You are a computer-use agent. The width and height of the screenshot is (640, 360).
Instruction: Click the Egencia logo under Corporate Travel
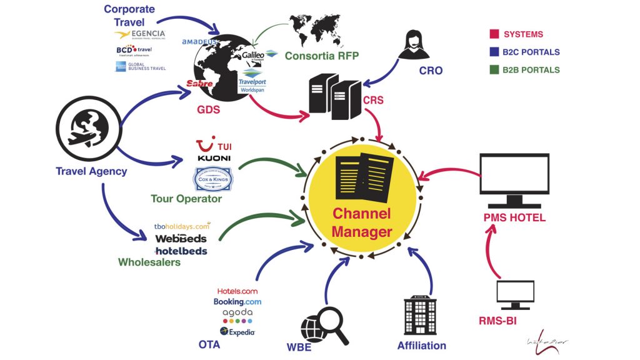(x=140, y=34)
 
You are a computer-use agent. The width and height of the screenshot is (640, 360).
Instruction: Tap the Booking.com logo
(x=237, y=302)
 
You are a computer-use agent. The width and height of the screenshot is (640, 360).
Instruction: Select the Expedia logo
(x=237, y=332)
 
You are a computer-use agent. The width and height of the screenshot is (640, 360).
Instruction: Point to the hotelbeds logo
(x=181, y=251)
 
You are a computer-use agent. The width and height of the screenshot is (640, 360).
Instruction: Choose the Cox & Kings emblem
(x=212, y=180)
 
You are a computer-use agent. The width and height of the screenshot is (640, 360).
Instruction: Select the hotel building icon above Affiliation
(x=420, y=316)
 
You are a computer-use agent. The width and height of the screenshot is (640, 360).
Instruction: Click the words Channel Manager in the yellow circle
(x=362, y=222)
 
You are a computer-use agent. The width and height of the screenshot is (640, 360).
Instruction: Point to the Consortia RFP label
(x=322, y=56)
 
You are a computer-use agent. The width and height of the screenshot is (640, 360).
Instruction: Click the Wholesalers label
(x=149, y=262)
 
